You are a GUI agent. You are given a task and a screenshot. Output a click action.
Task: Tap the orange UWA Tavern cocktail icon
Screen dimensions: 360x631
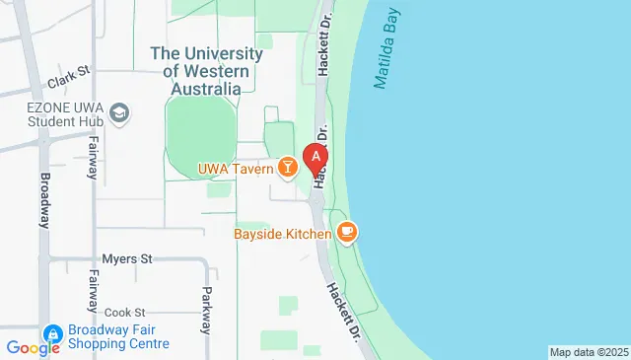point(287,169)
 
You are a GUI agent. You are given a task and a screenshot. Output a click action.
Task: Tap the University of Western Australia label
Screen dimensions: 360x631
point(206,71)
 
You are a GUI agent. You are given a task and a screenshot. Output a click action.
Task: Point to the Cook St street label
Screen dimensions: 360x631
point(124,312)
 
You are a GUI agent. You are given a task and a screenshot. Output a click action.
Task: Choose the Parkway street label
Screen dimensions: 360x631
point(206,308)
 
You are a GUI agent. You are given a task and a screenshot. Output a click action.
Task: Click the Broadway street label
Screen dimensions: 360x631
point(44,201)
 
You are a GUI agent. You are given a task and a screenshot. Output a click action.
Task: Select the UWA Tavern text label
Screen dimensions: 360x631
point(235,169)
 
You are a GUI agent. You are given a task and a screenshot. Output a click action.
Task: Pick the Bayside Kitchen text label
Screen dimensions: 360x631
point(282,234)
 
